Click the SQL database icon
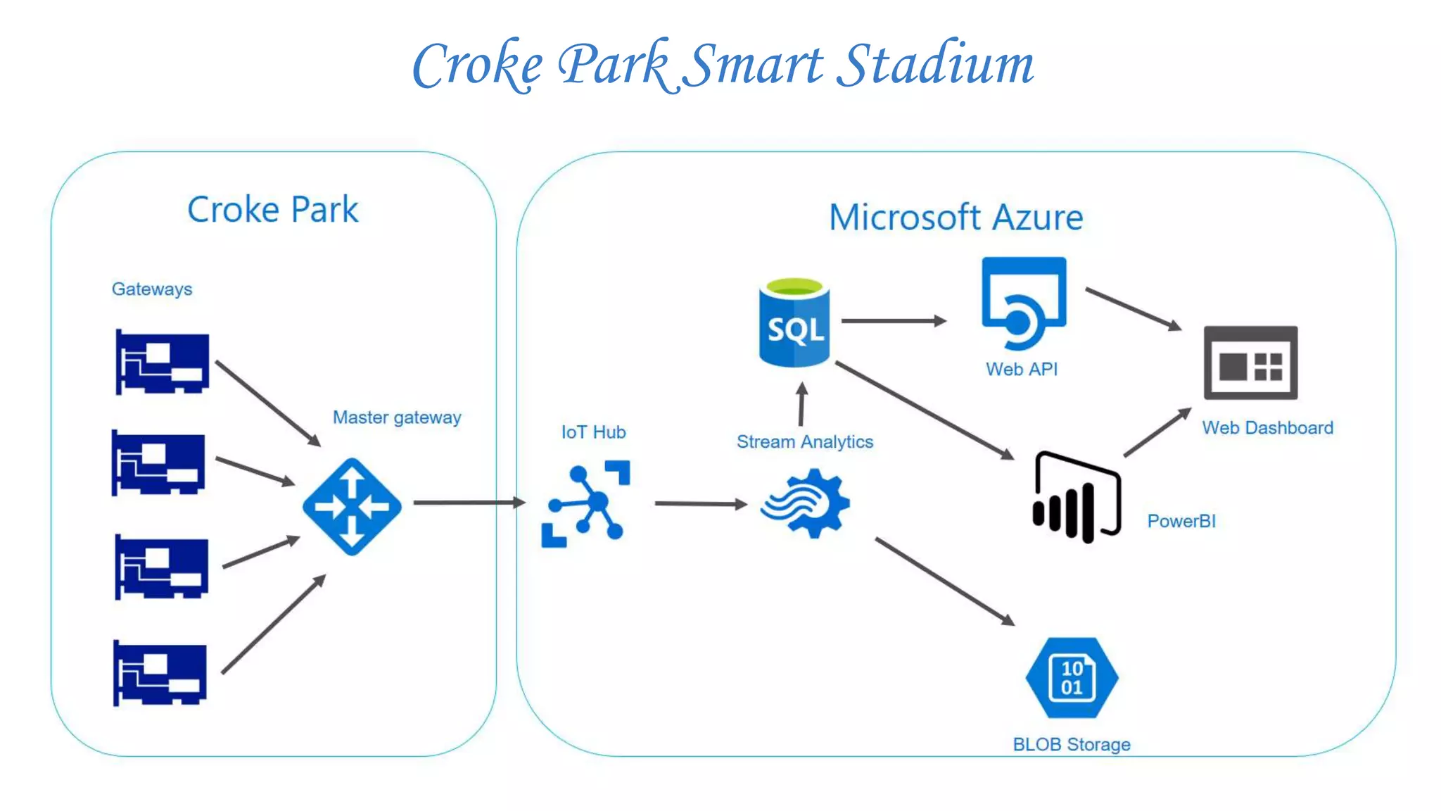(x=794, y=324)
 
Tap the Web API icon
(x=1024, y=303)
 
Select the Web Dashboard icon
(x=1250, y=363)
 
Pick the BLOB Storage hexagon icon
(x=1072, y=677)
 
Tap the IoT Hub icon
(x=585, y=503)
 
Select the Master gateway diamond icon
(x=352, y=506)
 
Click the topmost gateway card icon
(x=162, y=362)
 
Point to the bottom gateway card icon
(x=160, y=672)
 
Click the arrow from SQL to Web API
(x=894, y=321)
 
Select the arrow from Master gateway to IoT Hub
(x=469, y=503)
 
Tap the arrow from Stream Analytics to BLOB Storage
(x=944, y=581)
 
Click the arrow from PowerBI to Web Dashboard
(x=1157, y=432)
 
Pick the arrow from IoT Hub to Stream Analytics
(x=700, y=504)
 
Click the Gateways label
(x=152, y=289)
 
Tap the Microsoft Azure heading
(x=956, y=217)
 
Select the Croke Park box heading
(x=273, y=210)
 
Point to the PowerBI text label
(x=1181, y=522)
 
